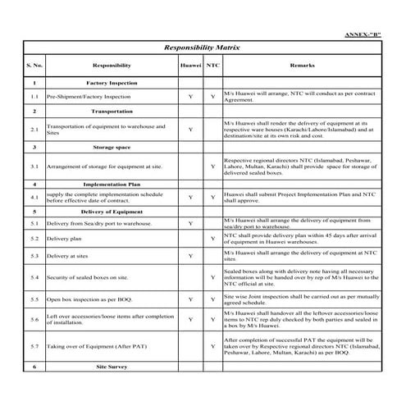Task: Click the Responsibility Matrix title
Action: (202, 48)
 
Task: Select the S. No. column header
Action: (34, 65)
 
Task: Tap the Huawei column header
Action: (190, 65)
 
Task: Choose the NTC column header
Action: (213, 65)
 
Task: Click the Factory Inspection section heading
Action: (112, 83)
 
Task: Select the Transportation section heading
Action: (112, 110)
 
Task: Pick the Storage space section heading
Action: (112, 148)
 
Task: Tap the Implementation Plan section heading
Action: (112, 185)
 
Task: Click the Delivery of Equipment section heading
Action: (112, 212)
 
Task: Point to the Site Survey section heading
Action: (112, 367)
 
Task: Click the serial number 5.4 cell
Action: (34, 278)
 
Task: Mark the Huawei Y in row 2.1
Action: (190, 129)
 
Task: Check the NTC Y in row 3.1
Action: (213, 167)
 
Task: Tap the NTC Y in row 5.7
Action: (213, 348)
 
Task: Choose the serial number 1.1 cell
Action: (34, 97)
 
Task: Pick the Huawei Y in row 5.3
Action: (190, 256)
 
